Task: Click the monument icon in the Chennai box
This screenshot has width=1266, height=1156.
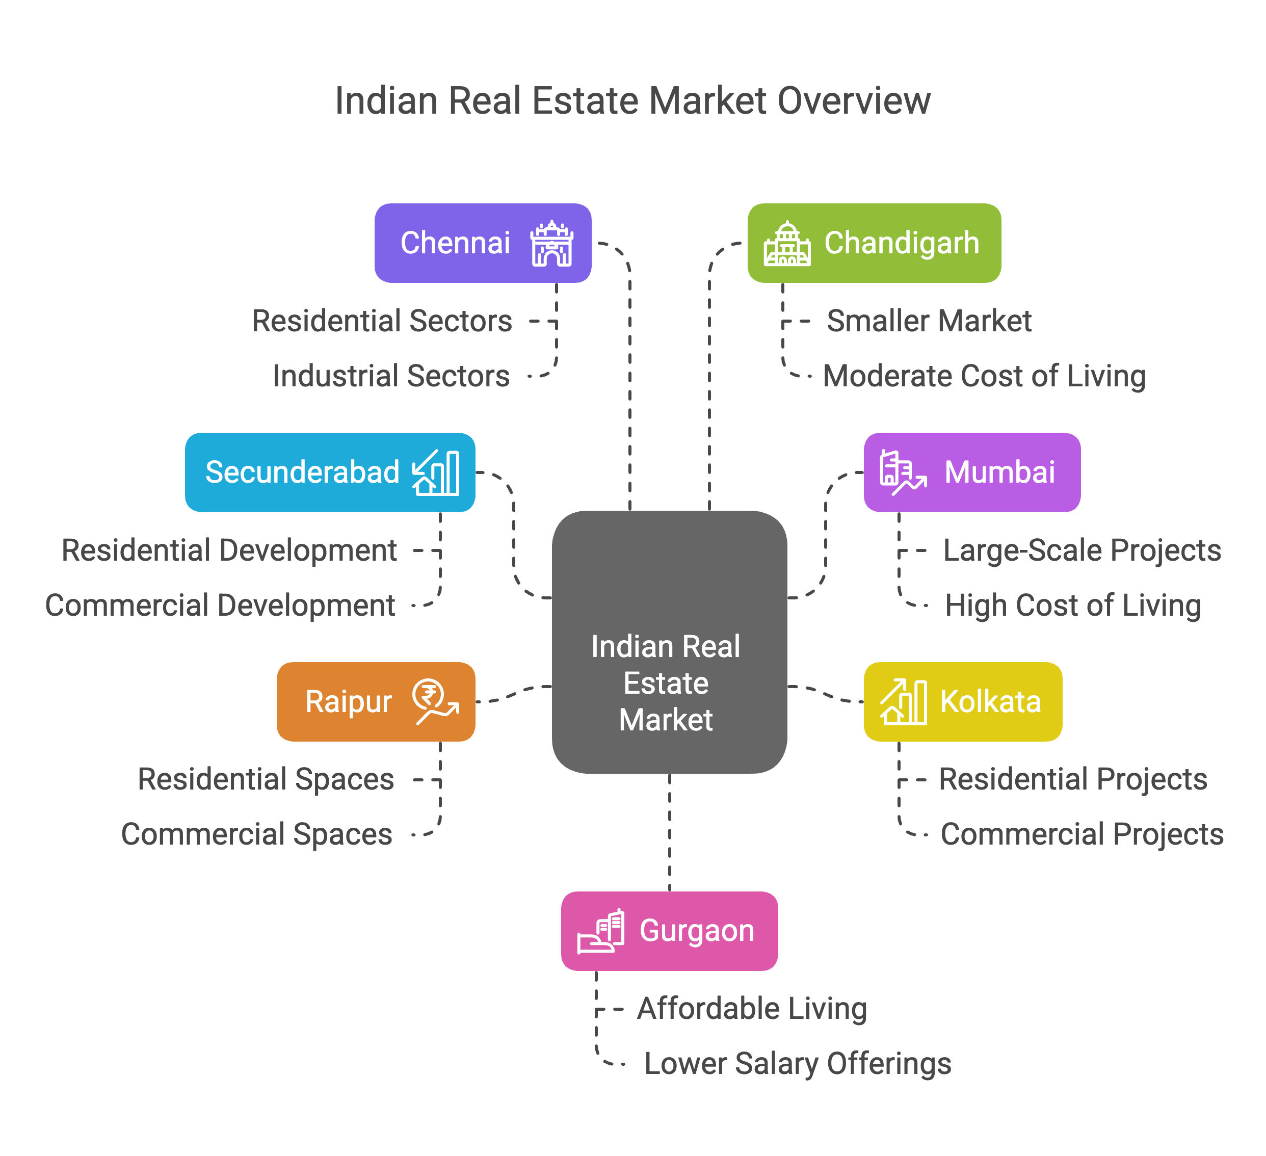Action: pyautogui.click(x=551, y=243)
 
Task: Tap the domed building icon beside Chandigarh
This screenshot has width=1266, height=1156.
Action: pyautogui.click(x=787, y=243)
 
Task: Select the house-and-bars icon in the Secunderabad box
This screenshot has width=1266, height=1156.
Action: pyautogui.click(x=435, y=472)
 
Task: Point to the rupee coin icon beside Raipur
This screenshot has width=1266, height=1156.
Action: pyautogui.click(x=435, y=702)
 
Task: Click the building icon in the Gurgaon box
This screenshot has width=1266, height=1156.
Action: pyautogui.click(x=601, y=931)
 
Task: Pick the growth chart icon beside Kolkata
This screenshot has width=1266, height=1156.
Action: pyautogui.click(x=903, y=702)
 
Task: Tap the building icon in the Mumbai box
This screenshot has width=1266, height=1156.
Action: pyautogui.click(x=903, y=472)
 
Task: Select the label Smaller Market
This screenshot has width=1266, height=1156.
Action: pyautogui.click(x=929, y=321)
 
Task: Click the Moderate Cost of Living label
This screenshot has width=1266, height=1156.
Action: pyautogui.click(x=984, y=376)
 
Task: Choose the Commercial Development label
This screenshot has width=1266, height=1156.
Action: pyautogui.click(x=220, y=606)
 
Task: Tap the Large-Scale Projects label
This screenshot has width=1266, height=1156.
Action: pyautogui.click(x=1082, y=550)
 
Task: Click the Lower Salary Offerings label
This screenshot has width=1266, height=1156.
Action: pyautogui.click(x=798, y=1064)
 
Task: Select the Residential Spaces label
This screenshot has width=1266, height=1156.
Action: pyautogui.click(x=266, y=779)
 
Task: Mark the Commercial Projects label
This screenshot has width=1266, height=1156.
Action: pyautogui.click(x=1082, y=834)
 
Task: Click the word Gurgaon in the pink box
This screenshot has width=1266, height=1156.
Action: pyautogui.click(x=696, y=931)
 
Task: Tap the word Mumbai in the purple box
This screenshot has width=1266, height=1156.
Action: pyautogui.click(x=1000, y=472)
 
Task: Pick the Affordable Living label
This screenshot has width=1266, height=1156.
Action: pyautogui.click(x=752, y=1008)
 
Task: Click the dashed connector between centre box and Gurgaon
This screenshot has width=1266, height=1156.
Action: pyautogui.click(x=669, y=833)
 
